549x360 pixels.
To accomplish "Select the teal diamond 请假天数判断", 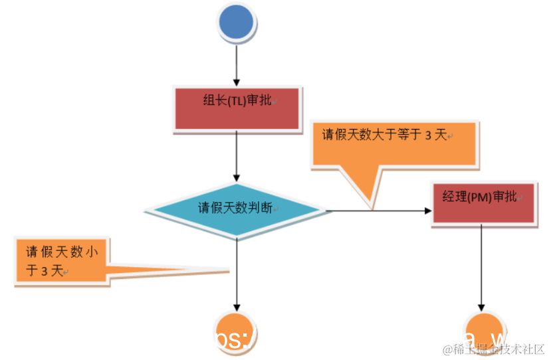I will pyautogui.click(x=237, y=209).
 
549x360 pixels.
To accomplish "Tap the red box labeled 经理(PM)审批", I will pyautogui.click(x=483, y=202).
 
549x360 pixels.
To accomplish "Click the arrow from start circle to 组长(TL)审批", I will pyautogui.click(x=236, y=66).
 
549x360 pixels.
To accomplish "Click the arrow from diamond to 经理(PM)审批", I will pyautogui.click(x=379, y=211).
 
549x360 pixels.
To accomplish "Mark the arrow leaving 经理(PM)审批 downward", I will pyautogui.click(x=481, y=266).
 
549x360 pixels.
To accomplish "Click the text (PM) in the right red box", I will pyautogui.click(x=481, y=197).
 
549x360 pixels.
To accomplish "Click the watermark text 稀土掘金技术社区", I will pyautogui.click(x=494, y=349).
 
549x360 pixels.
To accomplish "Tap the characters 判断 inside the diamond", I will pyautogui.click(x=260, y=207).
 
